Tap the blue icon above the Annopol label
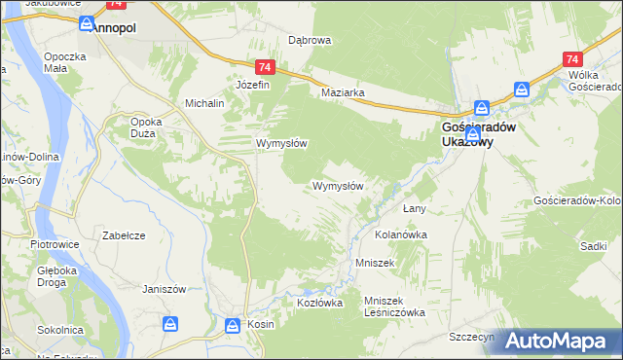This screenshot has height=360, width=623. pyautogui.click(x=87, y=21)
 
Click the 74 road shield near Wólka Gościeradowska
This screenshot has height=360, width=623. pyautogui.click(x=570, y=60)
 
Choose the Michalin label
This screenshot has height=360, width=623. pyautogui.click(x=205, y=103)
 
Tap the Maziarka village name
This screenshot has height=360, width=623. pyautogui.click(x=343, y=93)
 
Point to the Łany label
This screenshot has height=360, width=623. pyautogui.click(x=416, y=209)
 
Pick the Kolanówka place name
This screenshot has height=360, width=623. pyautogui.click(x=401, y=234)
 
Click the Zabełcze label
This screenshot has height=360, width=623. pyautogui.click(x=124, y=234)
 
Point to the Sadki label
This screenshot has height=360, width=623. pyautogui.click(x=593, y=246)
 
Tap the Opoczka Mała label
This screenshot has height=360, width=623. pyautogui.click(x=66, y=63)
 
